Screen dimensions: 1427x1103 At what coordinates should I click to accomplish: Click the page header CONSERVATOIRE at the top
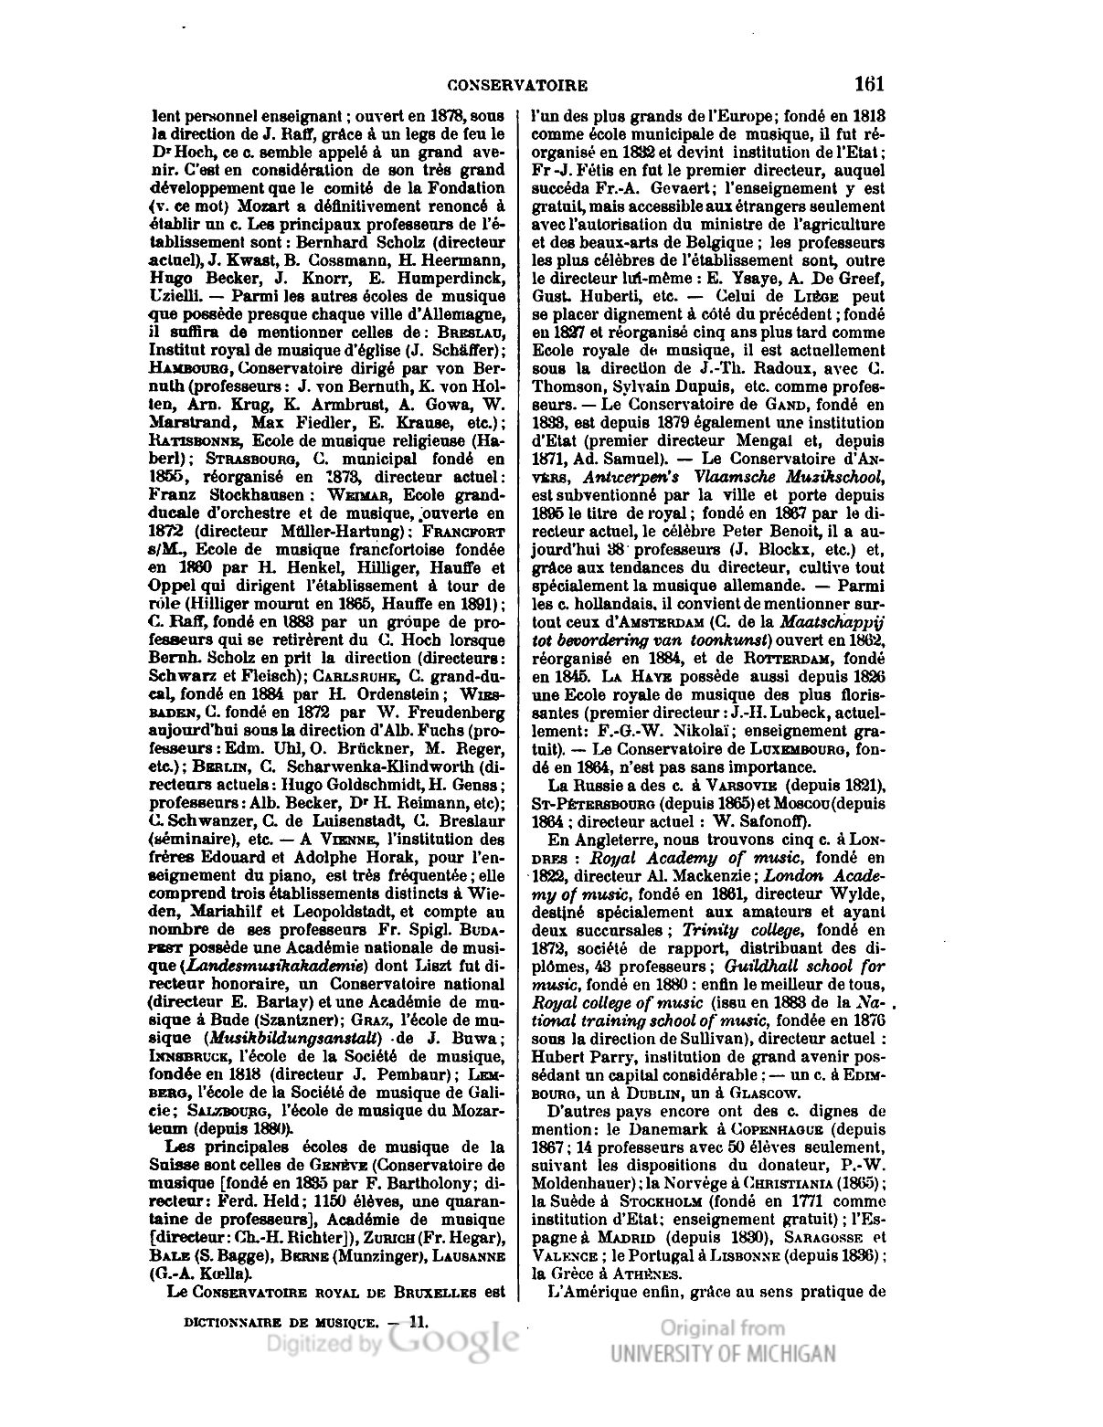[x=517, y=86]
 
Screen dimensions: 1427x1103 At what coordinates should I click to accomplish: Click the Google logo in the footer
[x=452, y=1341]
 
